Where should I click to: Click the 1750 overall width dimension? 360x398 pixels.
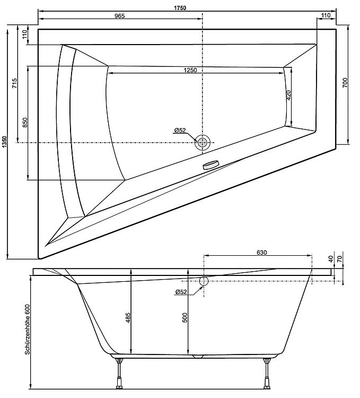180,8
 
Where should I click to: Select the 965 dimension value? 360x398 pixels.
120,16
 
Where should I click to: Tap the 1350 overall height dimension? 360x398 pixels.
4,144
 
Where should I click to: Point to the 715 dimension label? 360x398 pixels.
15,83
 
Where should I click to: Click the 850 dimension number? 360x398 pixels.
24,123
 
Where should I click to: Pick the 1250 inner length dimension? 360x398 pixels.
190,70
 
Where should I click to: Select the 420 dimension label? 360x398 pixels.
289,95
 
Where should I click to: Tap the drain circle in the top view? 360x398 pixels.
203,142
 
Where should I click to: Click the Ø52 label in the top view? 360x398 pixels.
180,131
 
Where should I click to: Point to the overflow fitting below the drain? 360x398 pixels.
210,165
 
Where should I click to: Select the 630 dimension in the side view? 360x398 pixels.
262,252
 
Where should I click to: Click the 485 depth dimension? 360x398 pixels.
128,317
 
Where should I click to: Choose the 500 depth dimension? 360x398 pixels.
185,318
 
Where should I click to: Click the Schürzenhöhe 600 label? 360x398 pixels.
27,330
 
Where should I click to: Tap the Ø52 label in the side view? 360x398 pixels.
181,292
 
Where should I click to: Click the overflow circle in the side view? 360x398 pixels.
204,281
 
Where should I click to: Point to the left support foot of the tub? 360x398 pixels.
119,373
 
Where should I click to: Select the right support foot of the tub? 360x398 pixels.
267,373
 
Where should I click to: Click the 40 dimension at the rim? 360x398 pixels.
331,259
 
